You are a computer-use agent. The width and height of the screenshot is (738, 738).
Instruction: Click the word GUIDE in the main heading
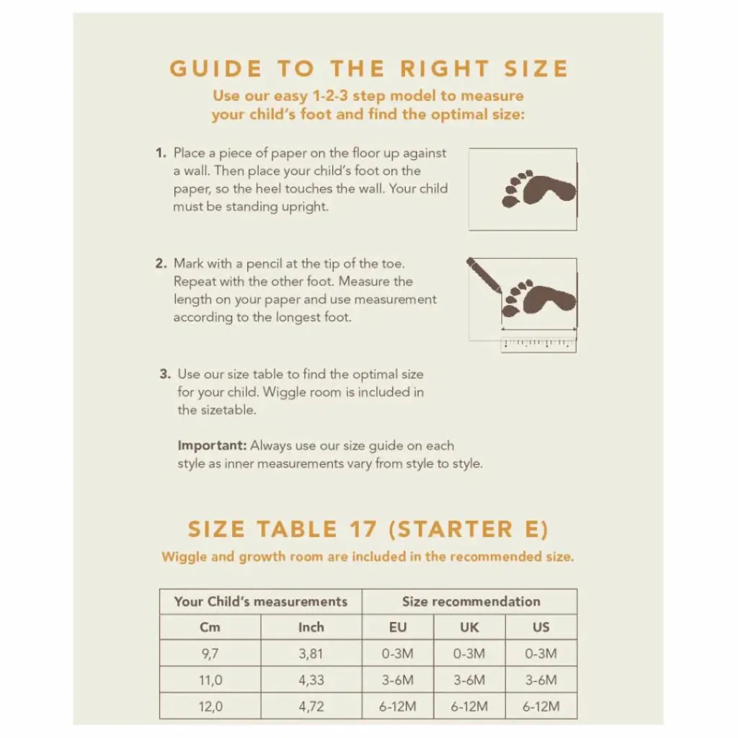[215, 68]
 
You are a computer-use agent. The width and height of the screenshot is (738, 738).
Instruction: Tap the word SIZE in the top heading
[536, 68]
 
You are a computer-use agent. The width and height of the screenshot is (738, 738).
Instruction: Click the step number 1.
[161, 153]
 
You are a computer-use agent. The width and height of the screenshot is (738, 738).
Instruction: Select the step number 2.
[161, 264]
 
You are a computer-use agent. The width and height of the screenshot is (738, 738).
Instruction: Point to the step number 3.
[165, 374]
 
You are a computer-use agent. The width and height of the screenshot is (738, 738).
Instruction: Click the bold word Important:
[212, 445]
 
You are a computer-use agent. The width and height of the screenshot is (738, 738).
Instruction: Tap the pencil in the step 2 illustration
[484, 276]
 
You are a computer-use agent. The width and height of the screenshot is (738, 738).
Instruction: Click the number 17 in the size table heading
[363, 530]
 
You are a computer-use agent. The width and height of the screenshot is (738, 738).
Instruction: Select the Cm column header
[210, 628]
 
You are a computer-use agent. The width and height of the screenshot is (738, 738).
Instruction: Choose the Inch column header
[311, 628]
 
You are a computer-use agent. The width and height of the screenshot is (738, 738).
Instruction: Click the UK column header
[469, 628]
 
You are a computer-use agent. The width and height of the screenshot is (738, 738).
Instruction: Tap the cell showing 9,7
[210, 654]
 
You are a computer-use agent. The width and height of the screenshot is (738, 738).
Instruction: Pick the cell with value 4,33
[311, 680]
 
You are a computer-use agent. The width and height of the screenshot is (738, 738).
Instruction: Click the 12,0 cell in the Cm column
[210, 706]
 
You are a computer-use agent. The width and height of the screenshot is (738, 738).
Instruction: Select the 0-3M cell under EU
[398, 654]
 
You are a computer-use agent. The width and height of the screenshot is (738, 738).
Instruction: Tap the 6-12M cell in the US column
[541, 706]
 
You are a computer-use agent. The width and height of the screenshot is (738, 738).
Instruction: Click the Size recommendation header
[471, 602]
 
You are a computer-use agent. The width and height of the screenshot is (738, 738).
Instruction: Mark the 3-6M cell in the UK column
[469, 680]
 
